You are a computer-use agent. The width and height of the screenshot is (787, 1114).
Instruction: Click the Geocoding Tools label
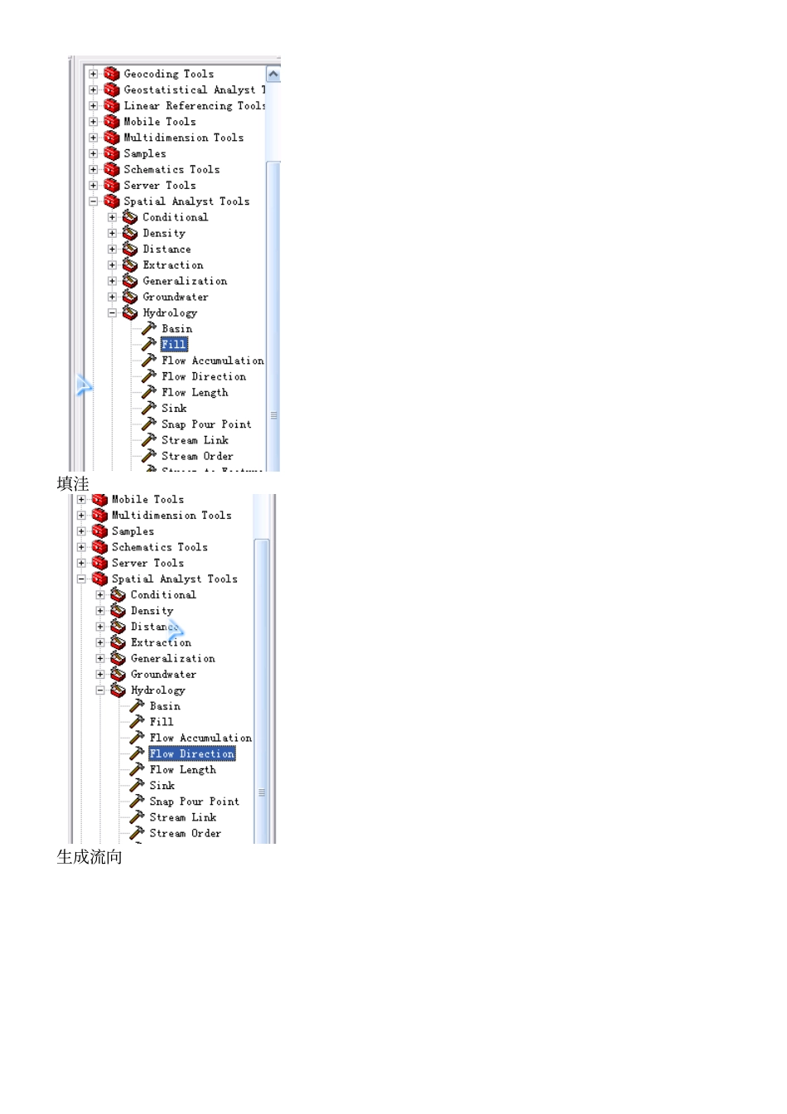(x=168, y=74)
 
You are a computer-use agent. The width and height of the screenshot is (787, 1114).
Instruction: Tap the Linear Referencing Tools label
(x=194, y=106)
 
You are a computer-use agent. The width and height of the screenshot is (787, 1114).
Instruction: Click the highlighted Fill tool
(x=174, y=345)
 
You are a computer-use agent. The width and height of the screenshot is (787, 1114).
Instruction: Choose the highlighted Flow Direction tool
(x=191, y=754)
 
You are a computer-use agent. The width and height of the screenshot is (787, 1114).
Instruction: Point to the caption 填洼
(x=73, y=483)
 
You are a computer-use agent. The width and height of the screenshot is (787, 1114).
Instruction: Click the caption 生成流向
(x=89, y=857)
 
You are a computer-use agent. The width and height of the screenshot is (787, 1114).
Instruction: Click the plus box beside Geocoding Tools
(x=94, y=74)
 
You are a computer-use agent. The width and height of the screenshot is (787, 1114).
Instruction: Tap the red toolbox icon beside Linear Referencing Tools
(x=112, y=106)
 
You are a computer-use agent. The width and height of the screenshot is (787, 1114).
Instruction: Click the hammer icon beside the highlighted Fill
(x=149, y=344)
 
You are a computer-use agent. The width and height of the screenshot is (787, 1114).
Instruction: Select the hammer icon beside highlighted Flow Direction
(x=138, y=753)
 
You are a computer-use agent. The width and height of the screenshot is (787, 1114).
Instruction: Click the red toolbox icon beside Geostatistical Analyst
(x=112, y=90)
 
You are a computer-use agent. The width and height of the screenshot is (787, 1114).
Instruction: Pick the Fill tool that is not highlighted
(x=162, y=722)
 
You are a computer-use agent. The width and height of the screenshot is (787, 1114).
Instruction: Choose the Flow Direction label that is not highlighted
(x=203, y=376)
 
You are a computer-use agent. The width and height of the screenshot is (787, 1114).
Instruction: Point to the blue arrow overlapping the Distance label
(x=176, y=630)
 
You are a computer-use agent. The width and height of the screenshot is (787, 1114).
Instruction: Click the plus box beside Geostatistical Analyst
(x=94, y=90)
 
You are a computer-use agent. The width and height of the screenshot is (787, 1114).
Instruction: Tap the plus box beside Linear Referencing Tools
(x=94, y=106)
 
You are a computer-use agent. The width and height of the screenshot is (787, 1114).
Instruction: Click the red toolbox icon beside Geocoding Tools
(x=112, y=74)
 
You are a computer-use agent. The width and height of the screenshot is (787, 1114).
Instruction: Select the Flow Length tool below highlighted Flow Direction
(x=182, y=770)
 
